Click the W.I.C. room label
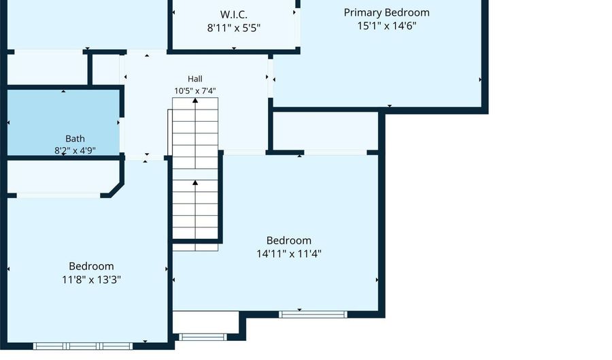point(233,15)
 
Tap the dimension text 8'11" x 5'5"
point(234,28)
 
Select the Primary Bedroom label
point(386,12)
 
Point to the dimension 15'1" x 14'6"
point(387,26)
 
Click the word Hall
point(194,79)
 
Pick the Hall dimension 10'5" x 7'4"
point(194,91)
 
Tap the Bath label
point(75,139)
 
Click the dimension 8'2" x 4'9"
point(75,150)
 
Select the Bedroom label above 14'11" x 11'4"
point(289,240)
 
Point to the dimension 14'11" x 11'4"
point(289,254)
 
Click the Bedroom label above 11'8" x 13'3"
point(91,266)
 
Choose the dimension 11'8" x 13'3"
point(91,280)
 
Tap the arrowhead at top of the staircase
point(195,100)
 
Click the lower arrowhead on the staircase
point(195,182)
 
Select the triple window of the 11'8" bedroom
point(83,346)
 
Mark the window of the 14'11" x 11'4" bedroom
point(313,314)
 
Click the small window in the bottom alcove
point(203,337)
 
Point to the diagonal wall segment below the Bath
point(117,189)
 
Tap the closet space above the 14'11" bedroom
point(326,131)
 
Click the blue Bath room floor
point(63,117)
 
